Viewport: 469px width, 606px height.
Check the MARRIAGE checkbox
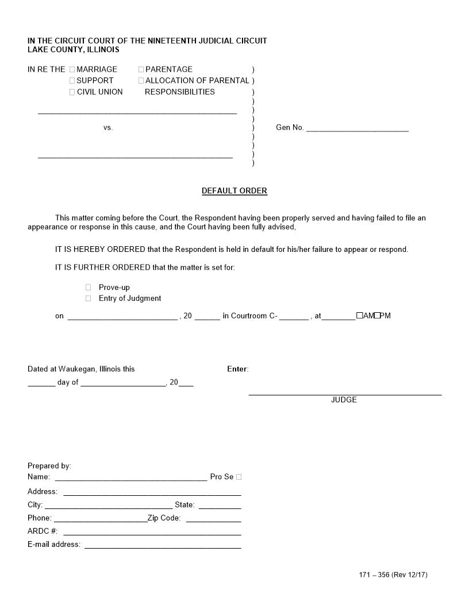pyautogui.click(x=72, y=69)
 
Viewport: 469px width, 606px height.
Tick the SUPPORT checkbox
pyautogui.click(x=72, y=81)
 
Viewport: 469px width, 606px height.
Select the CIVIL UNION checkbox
pyautogui.click(x=72, y=92)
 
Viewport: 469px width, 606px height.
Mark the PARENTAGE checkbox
pyautogui.click(x=141, y=69)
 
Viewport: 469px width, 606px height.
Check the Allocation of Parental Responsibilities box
pyautogui.click(x=141, y=81)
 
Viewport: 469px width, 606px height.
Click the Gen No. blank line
pyautogui.click(x=357, y=129)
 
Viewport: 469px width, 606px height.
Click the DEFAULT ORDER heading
pyautogui.click(x=234, y=191)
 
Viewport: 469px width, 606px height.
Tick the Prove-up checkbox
pyautogui.click(x=89, y=288)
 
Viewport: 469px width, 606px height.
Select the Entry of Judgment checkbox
pyautogui.click(x=89, y=298)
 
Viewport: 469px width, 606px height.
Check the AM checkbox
pyautogui.click(x=359, y=316)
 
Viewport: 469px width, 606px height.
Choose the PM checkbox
pyautogui.click(x=377, y=316)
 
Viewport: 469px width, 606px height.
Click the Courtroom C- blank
pyautogui.click(x=294, y=317)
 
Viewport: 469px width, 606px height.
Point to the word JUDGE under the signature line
pyautogui.click(x=344, y=400)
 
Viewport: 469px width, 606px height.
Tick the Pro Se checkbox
pyautogui.click(x=239, y=477)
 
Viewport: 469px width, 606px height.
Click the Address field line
pyautogui.click(x=152, y=492)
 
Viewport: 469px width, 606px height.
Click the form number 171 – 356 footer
pyautogui.click(x=393, y=575)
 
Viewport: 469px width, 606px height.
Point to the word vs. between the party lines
pyautogui.click(x=108, y=128)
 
